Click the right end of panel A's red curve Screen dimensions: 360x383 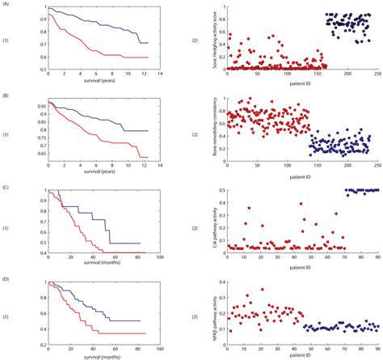pos(148,57)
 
